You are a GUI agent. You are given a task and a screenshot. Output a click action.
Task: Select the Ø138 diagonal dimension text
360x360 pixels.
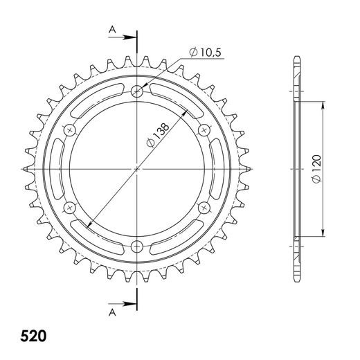coord(157,136)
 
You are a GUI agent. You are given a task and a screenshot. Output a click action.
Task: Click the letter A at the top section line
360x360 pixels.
coord(111,28)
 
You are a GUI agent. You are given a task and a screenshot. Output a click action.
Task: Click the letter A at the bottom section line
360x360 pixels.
coord(111,312)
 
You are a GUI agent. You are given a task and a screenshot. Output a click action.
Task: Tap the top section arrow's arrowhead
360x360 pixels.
coord(132,39)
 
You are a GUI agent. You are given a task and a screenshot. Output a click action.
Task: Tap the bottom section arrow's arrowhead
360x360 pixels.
coord(132,303)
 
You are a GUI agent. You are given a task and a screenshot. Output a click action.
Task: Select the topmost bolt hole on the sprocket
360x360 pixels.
coord(137,90)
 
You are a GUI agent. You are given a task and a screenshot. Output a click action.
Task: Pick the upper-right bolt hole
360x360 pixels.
coord(204,129)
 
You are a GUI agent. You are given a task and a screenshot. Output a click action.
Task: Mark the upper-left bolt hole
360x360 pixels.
coord(69,129)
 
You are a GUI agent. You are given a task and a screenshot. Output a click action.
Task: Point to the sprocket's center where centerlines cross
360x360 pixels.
coord(137,168)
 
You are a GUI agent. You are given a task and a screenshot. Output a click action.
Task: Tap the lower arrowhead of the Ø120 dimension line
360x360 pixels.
coord(323,235)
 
